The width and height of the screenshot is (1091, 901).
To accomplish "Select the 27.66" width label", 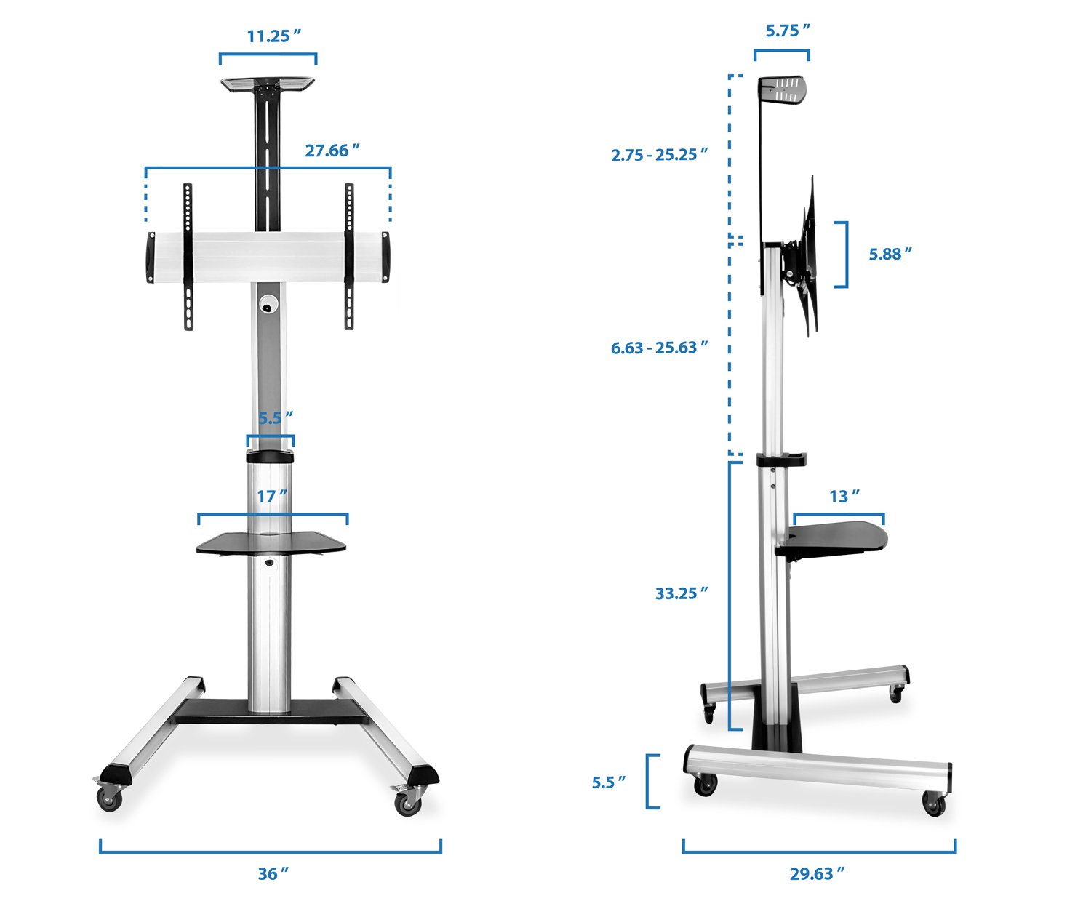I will pos(332,151).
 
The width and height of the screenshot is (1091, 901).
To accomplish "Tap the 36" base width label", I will pos(273,873).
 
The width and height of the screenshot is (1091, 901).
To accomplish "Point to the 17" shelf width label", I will pos(271,496).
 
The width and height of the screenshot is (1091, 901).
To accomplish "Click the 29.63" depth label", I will pos(817,873).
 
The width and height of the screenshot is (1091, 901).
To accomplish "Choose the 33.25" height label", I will pos(681,593).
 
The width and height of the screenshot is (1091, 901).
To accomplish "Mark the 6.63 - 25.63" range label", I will pos(659,348).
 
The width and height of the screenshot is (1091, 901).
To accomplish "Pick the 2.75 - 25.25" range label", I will pos(659,154).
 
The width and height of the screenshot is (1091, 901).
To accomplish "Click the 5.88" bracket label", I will pos(890,254).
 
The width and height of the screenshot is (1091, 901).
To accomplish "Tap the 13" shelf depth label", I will pos(844,496).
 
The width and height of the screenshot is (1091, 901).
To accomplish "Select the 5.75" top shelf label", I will pos(787,31).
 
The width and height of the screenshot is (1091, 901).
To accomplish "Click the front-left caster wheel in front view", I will pos(110,797).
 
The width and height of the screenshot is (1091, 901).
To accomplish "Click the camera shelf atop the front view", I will pos(268,84).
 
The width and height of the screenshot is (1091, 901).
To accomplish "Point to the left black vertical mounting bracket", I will pos(188,257).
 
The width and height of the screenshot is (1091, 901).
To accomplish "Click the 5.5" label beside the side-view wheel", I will pos(608,782).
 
